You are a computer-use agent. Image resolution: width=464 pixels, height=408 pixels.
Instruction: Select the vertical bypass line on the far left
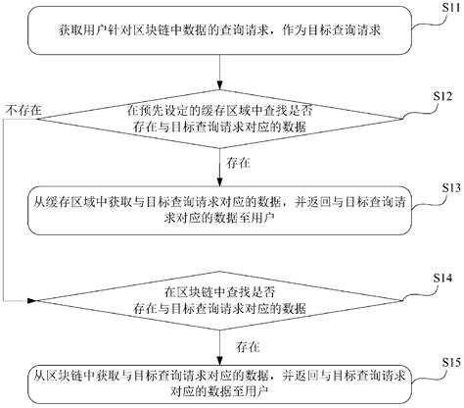click(x=6, y=206)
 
